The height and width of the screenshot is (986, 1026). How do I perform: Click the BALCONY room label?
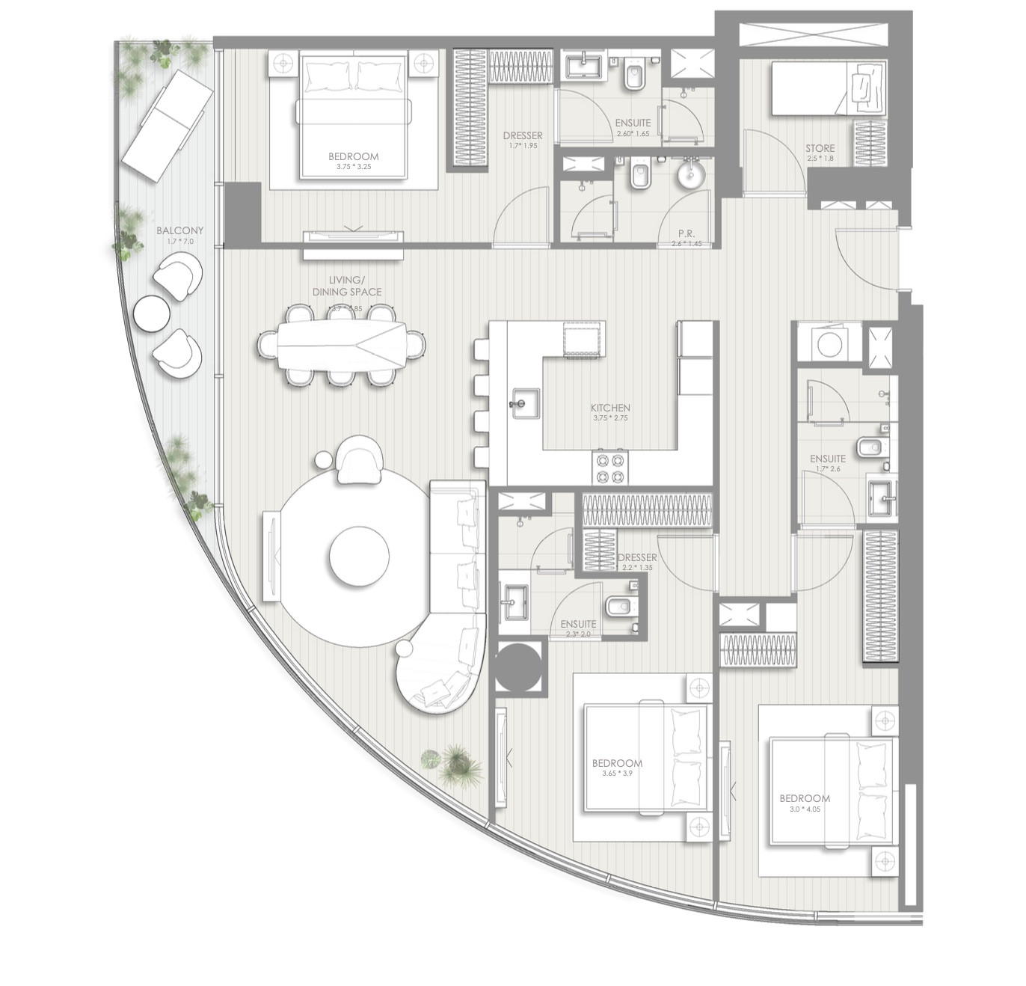[179, 231]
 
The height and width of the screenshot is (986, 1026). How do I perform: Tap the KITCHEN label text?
[610, 408]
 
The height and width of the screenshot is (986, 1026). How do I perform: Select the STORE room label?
[820, 148]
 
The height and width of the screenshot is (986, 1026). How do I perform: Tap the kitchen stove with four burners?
[610, 468]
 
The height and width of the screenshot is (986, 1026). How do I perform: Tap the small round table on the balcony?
[152, 313]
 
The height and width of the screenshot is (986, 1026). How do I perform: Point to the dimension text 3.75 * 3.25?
[353, 167]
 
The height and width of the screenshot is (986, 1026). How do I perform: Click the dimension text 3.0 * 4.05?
[804, 809]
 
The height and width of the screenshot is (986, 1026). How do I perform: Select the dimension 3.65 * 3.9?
[617, 774]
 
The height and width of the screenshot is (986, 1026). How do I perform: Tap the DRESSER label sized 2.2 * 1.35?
[637, 557]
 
